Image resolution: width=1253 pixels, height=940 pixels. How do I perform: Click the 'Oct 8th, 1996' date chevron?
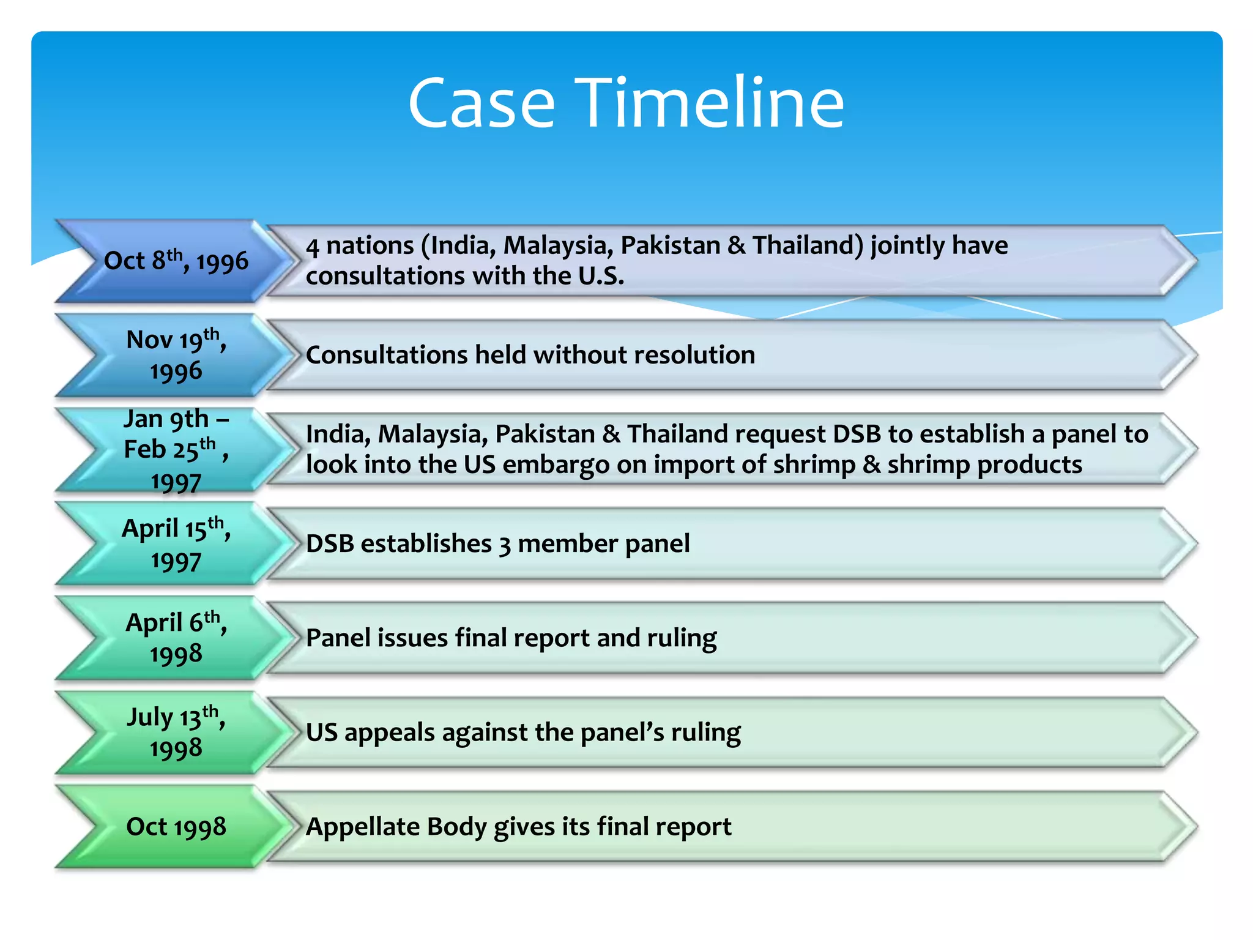pyautogui.click(x=176, y=261)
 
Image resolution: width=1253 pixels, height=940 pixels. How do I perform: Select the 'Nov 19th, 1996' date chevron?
pyautogui.click(x=176, y=356)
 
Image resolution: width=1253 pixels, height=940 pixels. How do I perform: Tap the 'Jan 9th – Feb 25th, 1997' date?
pyautogui.click(x=176, y=450)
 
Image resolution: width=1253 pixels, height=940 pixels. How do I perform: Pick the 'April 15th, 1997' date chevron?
pyautogui.click(x=176, y=544)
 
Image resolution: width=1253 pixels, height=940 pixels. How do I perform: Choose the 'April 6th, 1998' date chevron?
pyautogui.click(x=176, y=638)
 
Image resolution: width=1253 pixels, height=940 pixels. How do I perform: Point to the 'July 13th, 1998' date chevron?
pyautogui.click(x=176, y=733)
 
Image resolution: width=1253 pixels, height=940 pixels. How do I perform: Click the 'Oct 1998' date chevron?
pyautogui.click(x=176, y=827)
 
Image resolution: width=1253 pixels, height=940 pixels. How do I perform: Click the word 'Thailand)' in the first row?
pyautogui.click(x=808, y=245)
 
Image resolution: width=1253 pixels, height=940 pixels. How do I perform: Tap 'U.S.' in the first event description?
pyautogui.click(x=601, y=276)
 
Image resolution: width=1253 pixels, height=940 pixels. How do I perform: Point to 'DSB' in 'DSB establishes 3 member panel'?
pyautogui.click(x=330, y=543)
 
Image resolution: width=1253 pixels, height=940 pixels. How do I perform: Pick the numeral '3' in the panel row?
pyautogui.click(x=504, y=545)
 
